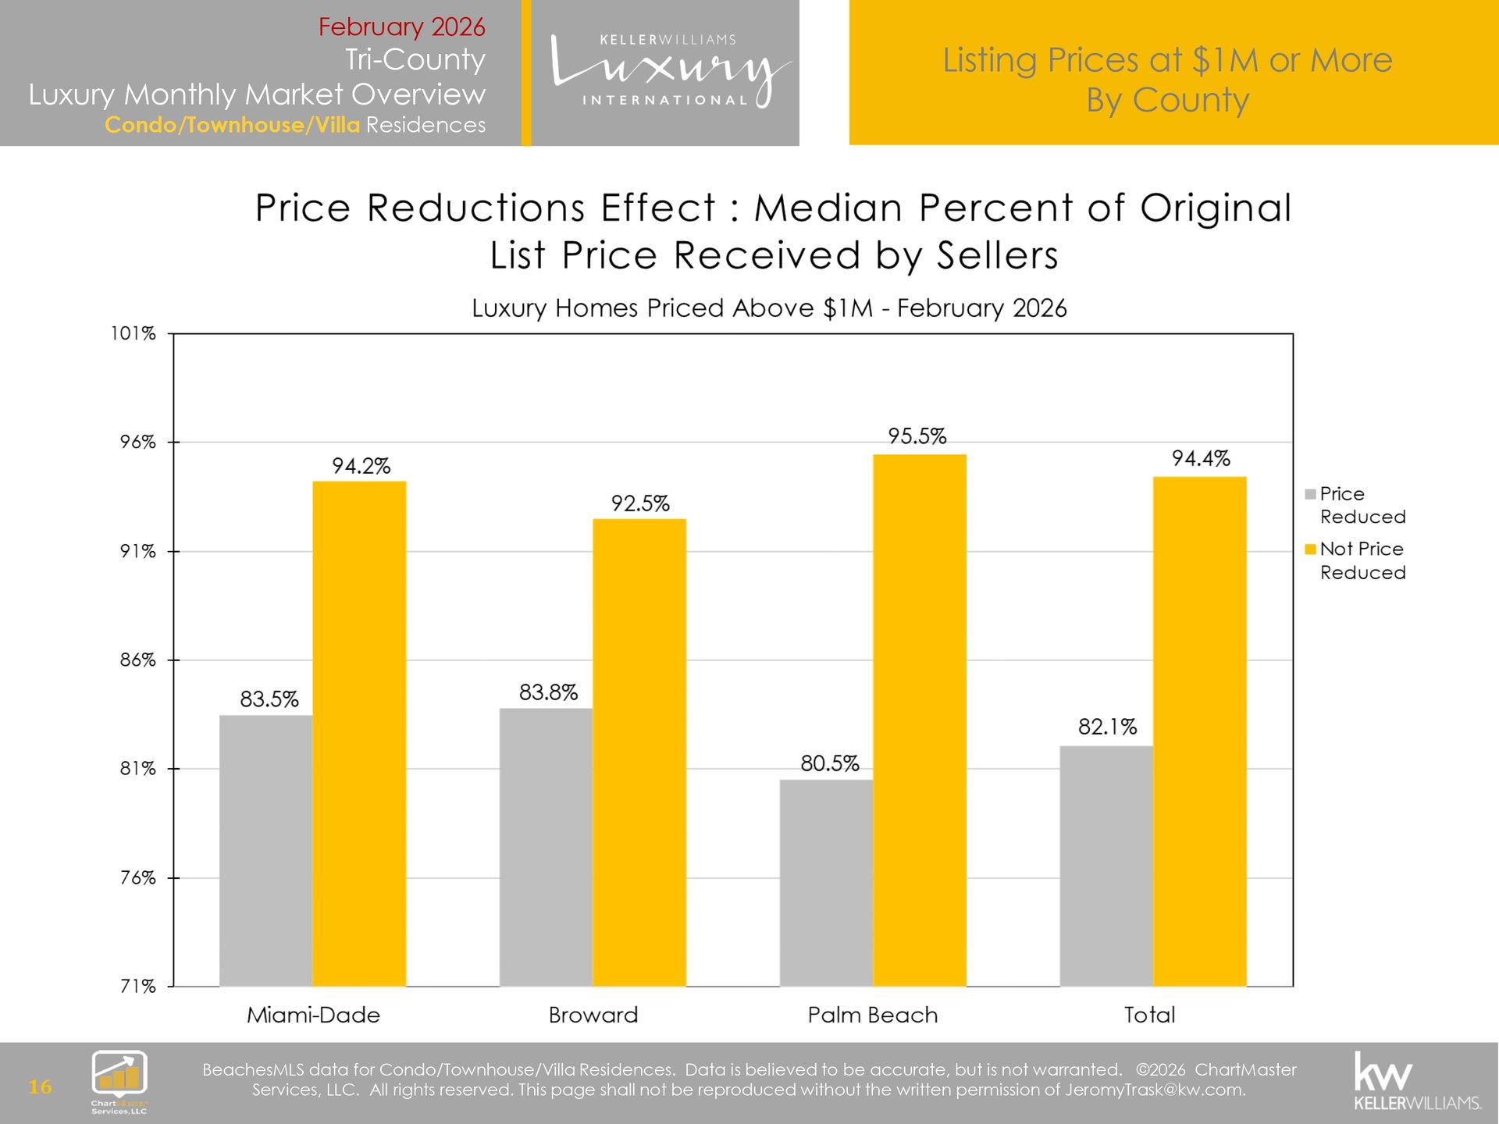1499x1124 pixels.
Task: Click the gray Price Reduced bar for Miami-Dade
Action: [x=265, y=850]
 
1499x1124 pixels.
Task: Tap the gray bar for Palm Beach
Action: [x=826, y=882]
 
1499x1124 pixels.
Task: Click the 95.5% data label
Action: [x=917, y=436]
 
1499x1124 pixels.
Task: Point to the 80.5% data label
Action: [x=829, y=763]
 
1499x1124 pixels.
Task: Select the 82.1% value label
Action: [x=1107, y=727]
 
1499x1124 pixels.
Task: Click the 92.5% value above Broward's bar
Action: [x=640, y=503]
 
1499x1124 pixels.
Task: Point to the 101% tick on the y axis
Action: [x=134, y=334]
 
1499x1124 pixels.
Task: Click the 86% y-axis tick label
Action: [x=137, y=660]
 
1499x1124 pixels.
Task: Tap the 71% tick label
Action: [x=137, y=987]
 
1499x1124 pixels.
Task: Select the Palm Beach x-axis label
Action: [x=872, y=1015]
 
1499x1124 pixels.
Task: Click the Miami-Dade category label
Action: [x=313, y=1015]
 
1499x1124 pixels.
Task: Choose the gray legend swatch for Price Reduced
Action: [x=1311, y=494]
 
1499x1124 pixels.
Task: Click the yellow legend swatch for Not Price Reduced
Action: [x=1311, y=550]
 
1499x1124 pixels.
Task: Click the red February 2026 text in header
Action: [x=401, y=27]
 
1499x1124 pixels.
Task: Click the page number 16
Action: [x=40, y=1087]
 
